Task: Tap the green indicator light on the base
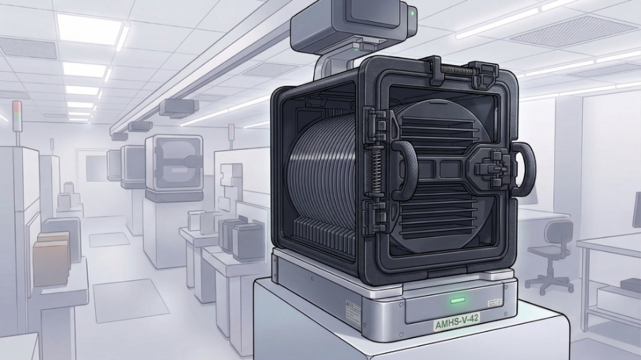(x=455, y=299)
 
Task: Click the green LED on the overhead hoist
(x=412, y=12)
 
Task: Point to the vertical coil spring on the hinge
(x=376, y=171)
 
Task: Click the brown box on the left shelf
(x=51, y=257)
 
